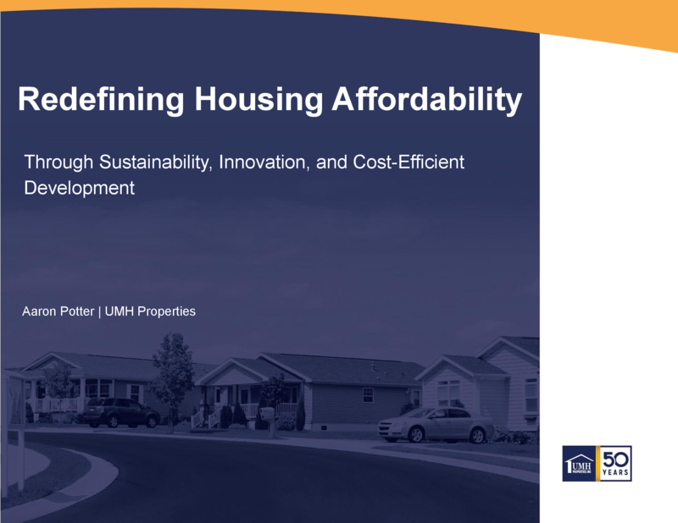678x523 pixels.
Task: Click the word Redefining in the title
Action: click(x=101, y=99)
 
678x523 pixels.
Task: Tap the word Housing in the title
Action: click(x=258, y=100)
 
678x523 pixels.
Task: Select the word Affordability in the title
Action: click(x=427, y=100)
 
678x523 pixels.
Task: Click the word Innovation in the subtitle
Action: click(x=264, y=162)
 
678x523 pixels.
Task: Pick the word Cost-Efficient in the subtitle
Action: click(x=408, y=162)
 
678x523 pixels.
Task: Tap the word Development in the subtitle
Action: click(x=80, y=189)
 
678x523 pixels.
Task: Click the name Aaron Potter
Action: click(x=58, y=311)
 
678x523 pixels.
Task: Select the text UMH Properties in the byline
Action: click(x=150, y=311)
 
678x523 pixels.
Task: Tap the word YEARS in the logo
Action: click(x=616, y=473)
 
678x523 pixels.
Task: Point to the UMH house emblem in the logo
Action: click(x=579, y=464)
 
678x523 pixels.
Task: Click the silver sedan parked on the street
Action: click(x=436, y=425)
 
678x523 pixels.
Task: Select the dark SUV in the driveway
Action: click(x=121, y=412)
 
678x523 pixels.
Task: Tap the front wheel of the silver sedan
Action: click(x=415, y=434)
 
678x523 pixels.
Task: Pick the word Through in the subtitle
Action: click(x=58, y=162)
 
